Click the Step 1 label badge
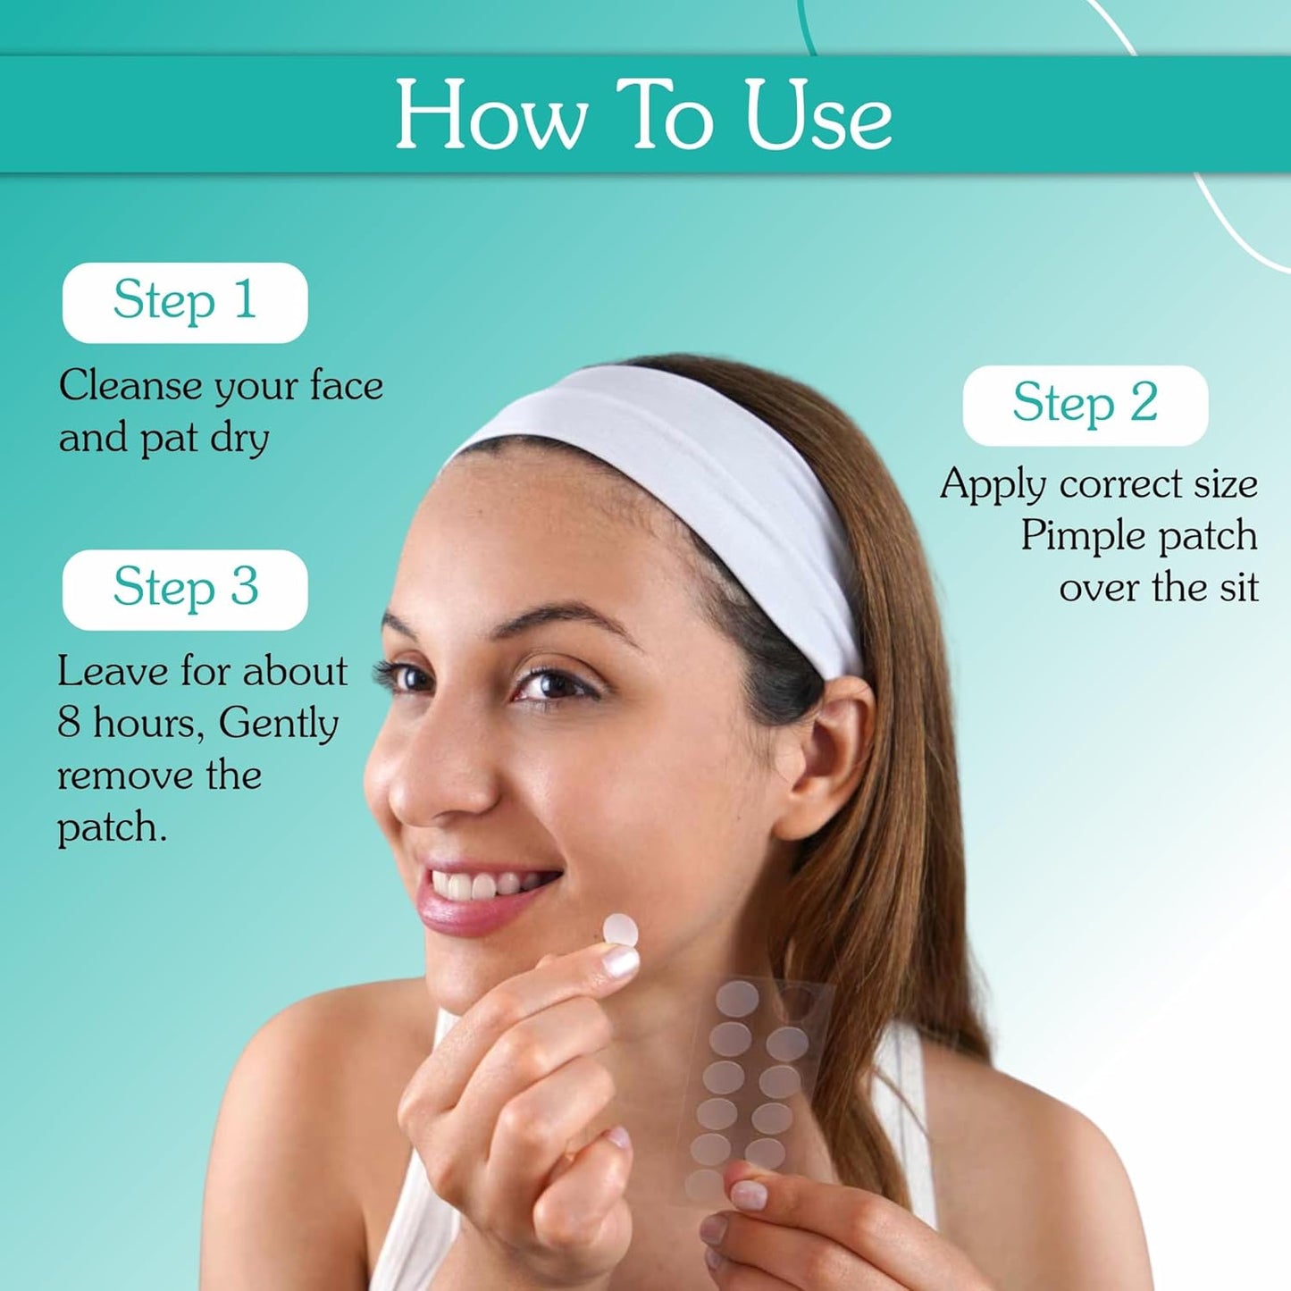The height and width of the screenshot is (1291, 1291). click(185, 301)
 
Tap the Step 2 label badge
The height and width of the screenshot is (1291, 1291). click(1085, 404)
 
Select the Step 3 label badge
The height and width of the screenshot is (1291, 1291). click(185, 589)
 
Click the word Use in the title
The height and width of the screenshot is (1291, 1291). click(818, 116)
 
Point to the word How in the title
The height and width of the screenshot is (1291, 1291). click(490, 116)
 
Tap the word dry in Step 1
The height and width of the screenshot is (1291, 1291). click(239, 440)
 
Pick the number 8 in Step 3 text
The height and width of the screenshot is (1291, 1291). click(69, 723)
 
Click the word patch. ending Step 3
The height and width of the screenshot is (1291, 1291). click(112, 829)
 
